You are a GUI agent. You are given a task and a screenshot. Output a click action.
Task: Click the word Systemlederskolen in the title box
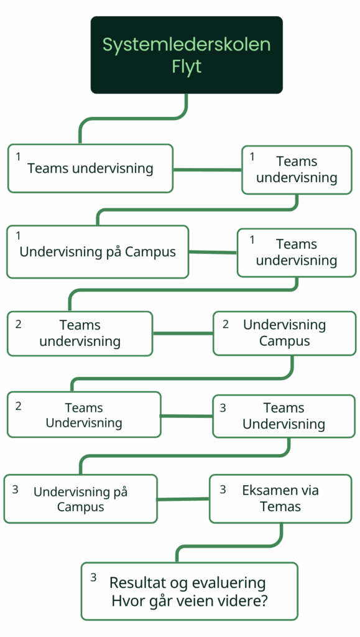[x=187, y=45]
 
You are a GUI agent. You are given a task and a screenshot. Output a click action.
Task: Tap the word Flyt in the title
[x=187, y=67]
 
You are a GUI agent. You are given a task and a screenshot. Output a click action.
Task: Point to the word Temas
[x=280, y=506]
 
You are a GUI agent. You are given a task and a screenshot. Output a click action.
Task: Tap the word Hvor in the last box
[x=126, y=601]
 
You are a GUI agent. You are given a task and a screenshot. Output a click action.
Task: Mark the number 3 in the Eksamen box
[x=223, y=490]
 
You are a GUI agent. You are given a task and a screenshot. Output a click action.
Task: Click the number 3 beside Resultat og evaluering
[x=94, y=577]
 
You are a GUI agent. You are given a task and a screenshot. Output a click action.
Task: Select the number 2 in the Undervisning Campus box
[x=226, y=324]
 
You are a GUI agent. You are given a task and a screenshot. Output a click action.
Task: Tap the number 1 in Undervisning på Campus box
[x=18, y=236]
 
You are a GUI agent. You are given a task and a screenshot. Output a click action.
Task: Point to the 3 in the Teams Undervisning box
[x=223, y=408]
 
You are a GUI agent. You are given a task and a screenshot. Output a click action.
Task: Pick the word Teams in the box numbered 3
[x=284, y=407]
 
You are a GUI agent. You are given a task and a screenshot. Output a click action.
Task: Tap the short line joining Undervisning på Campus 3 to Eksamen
[x=183, y=499]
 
